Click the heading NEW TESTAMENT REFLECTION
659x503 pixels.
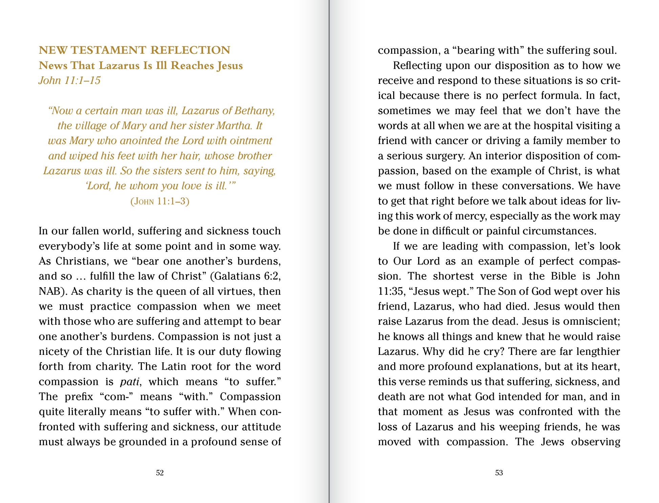tap(134, 50)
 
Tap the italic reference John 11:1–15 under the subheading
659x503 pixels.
tap(69, 81)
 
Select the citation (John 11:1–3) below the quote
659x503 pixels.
tap(160, 201)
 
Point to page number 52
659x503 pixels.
tap(160, 473)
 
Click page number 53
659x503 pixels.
tap(499, 473)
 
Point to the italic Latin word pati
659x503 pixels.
tap(129, 382)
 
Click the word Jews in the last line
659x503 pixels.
tap(552, 442)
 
